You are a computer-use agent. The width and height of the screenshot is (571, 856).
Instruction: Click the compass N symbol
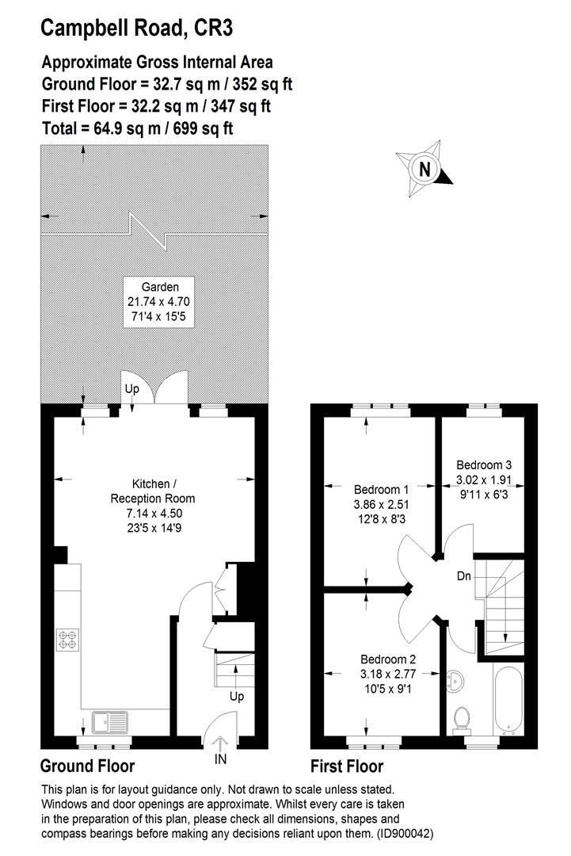[425, 169]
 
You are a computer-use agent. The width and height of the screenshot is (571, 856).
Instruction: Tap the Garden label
[160, 287]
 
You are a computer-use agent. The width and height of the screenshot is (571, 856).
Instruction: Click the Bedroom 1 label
[382, 489]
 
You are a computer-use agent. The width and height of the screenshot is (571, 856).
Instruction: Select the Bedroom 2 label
[388, 659]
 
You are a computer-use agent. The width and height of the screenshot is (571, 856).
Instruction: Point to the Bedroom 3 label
[483, 465]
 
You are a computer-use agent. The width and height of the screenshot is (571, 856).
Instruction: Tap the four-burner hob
[67, 640]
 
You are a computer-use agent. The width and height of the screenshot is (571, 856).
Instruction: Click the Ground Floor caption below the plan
[87, 766]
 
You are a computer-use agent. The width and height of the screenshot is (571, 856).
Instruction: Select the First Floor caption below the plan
[347, 766]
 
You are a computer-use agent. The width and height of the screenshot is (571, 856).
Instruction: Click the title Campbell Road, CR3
[136, 29]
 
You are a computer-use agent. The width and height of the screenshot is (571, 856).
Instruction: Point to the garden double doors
[161, 388]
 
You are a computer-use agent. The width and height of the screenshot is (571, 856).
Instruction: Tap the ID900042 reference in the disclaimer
[403, 834]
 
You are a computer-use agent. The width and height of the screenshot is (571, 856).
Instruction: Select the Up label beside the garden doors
[131, 388]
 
